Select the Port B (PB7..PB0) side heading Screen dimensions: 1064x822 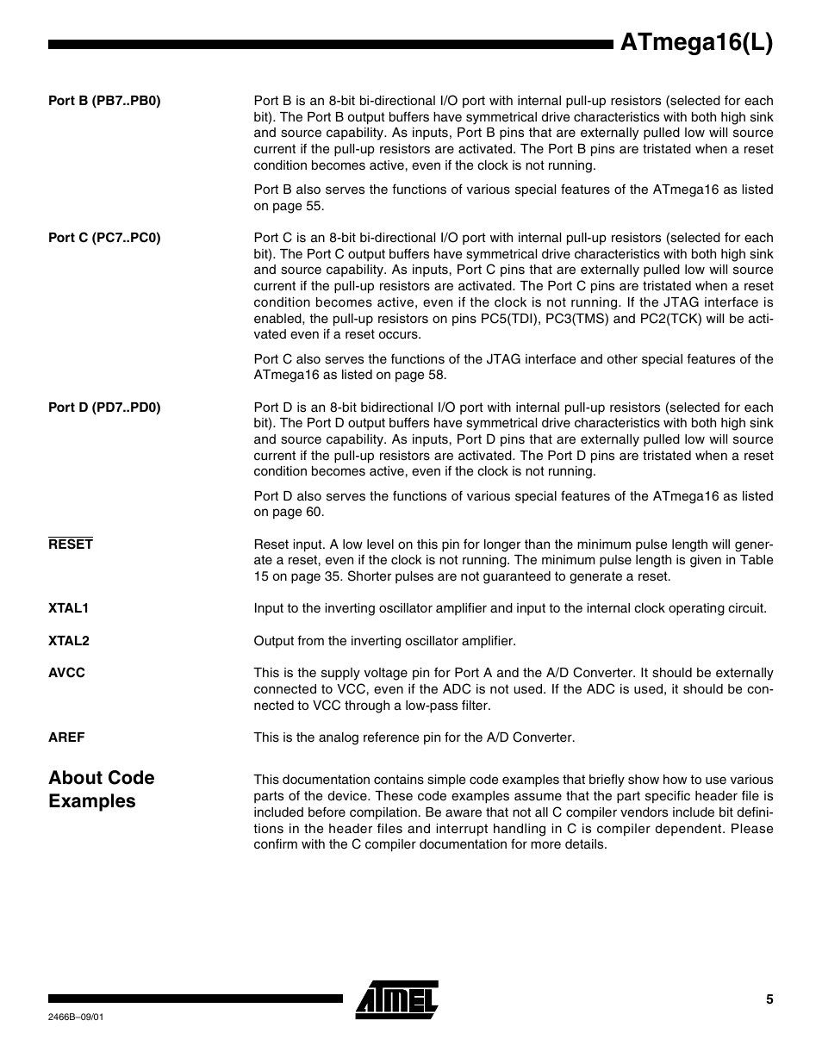tap(104, 101)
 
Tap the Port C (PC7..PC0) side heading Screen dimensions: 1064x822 tap(104, 238)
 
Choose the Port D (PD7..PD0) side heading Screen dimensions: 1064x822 tap(104, 408)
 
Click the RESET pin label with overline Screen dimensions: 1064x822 tap(71, 544)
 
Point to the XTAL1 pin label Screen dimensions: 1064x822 tap(69, 608)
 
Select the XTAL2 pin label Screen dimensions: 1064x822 tap(69, 641)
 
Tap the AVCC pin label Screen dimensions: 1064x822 tap(67, 673)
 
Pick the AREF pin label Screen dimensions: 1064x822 tap(67, 737)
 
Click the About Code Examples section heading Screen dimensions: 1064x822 tap(101, 789)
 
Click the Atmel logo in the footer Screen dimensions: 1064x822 tap(396, 999)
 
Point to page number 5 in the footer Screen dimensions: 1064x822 tap(769, 999)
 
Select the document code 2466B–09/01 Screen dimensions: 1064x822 tap(77, 1017)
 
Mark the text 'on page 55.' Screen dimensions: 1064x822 tap(289, 206)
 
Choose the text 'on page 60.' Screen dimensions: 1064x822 tap(289, 512)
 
